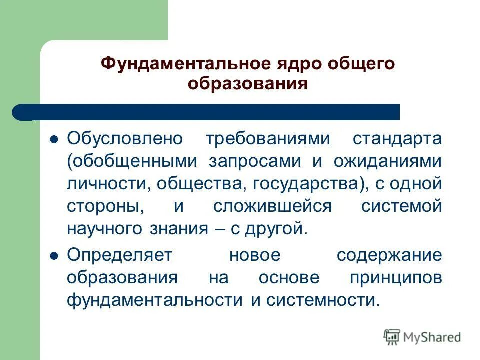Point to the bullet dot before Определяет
pyautogui.click(x=55, y=255)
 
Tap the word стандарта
pyautogui.click(x=398, y=138)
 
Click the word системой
pyautogui.click(x=402, y=206)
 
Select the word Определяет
pyautogui.click(x=119, y=255)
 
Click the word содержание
pyautogui.click(x=389, y=255)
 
